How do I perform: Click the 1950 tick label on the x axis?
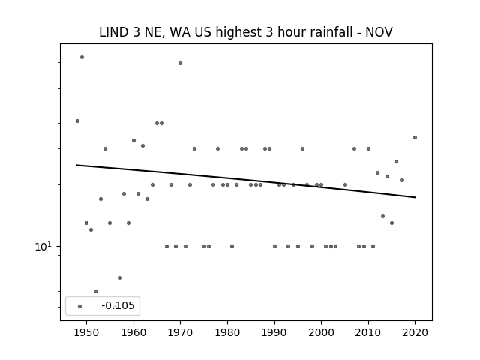[87, 332]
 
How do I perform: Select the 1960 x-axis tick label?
[133, 332]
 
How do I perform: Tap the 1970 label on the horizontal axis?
[180, 332]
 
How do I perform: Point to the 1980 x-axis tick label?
[227, 332]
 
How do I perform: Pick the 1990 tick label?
[274, 332]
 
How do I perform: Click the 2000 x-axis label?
[321, 332]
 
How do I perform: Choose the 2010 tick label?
[368, 332]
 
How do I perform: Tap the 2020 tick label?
[415, 332]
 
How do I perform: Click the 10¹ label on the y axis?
[44, 246]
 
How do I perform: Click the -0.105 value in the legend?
[118, 305]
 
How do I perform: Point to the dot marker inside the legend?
[80, 306]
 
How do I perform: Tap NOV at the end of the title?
[379, 32]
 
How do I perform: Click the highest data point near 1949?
[82, 57]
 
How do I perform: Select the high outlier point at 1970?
[180, 62]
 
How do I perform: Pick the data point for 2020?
[415, 137]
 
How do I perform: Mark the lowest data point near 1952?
[96, 291]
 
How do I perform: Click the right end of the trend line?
[415, 197]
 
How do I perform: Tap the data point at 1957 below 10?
[119, 277]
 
